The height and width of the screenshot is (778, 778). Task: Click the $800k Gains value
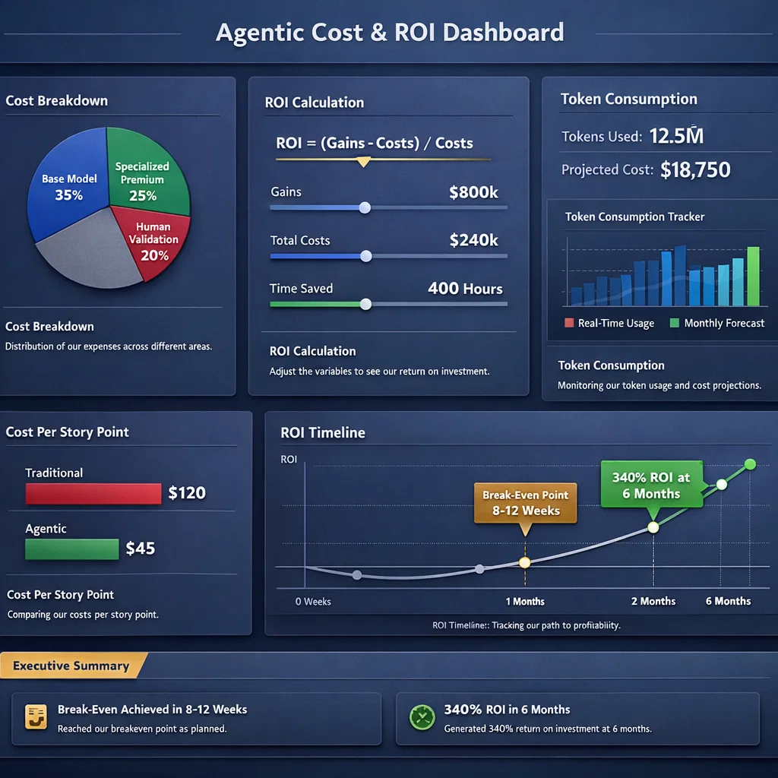[473, 192]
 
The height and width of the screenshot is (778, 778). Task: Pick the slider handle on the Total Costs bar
[365, 256]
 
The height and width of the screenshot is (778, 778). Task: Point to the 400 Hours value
[465, 289]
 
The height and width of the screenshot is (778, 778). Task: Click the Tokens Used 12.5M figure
[676, 136]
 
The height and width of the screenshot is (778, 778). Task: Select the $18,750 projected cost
[695, 169]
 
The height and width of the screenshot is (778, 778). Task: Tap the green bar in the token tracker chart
[753, 276]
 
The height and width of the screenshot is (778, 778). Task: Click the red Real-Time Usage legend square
[569, 323]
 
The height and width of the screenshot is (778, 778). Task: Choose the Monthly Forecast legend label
[723, 323]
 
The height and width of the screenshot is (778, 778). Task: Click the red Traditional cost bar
[93, 494]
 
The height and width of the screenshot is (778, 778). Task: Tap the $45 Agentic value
[141, 548]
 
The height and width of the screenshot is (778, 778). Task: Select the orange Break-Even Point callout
[525, 503]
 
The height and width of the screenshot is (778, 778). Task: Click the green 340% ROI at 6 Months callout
[651, 485]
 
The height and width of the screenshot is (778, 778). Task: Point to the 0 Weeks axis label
[313, 601]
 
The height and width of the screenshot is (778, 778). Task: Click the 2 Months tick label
[653, 601]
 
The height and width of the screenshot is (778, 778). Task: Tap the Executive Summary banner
[71, 666]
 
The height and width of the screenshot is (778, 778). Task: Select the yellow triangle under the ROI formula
[363, 162]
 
